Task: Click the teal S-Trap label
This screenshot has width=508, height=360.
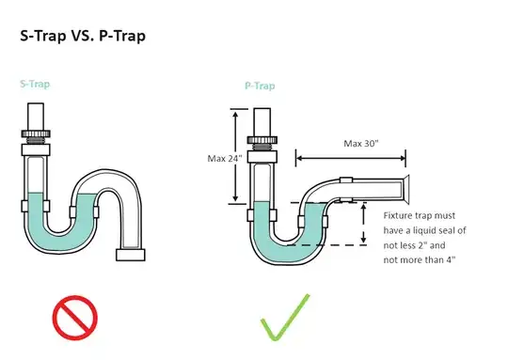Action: (35, 85)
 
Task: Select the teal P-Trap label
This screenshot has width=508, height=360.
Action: (260, 86)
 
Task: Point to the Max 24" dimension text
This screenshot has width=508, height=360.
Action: (225, 158)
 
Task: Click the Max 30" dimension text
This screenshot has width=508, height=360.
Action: (361, 143)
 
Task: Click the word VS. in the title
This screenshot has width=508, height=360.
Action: (83, 36)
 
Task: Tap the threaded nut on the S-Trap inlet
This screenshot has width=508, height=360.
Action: (36, 133)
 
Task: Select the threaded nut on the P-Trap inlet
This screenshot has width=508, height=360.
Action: (262, 139)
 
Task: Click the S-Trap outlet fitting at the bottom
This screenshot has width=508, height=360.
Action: (131, 255)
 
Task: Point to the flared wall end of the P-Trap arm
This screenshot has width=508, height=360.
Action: (405, 189)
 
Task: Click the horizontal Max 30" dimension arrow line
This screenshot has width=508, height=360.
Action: (351, 158)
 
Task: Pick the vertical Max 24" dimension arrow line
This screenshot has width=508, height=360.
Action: (235, 155)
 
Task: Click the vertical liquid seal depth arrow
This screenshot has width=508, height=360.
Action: (363, 224)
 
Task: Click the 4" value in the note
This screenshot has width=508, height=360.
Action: (452, 259)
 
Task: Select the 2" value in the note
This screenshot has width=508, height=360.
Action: (421, 245)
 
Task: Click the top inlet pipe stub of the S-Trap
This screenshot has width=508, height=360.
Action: (36, 117)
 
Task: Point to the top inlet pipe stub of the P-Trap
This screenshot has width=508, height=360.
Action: (262, 122)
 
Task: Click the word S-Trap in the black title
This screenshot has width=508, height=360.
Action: (42, 37)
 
